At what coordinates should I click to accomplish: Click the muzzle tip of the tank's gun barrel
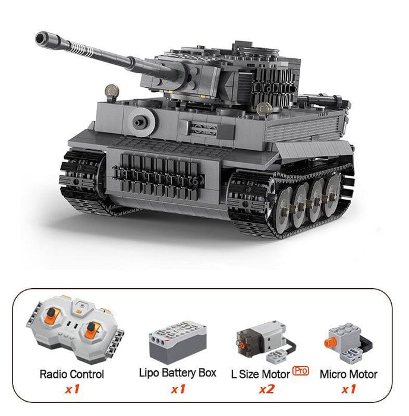coord(41,38)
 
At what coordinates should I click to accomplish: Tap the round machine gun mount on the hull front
coord(141,122)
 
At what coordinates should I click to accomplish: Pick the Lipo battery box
coord(178,342)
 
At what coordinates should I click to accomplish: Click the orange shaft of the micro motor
coord(330,343)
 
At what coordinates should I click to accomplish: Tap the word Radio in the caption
coord(54,374)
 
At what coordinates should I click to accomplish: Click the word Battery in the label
coord(178,373)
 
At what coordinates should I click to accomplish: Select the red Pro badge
coord(300,370)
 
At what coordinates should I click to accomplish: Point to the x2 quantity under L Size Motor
coord(267,389)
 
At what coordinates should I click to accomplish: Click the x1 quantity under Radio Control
coord(73,389)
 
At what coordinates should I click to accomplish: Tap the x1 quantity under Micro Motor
coord(348,389)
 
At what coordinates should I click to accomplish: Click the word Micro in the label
coord(333,374)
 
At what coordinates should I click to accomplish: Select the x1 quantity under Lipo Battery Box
coord(178,389)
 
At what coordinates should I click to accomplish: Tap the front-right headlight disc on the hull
coord(264,109)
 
